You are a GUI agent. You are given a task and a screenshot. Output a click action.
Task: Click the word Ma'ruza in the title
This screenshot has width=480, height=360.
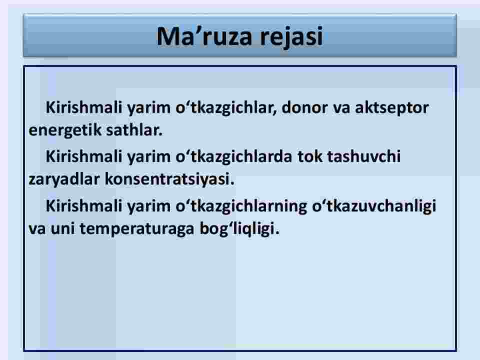pos(204,36)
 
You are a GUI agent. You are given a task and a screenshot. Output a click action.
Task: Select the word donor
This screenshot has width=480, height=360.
pos(304,107)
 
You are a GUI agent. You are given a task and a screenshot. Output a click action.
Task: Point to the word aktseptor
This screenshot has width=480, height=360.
pos(392,108)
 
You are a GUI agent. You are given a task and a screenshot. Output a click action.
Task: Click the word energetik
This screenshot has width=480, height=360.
pos(60,130)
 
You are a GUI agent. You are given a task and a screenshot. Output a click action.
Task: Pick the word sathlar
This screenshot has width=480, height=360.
pos(130,130)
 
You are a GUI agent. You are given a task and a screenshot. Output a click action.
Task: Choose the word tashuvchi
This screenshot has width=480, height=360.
pos(364,156)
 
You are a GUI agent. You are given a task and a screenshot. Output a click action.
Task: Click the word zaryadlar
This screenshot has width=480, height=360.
pos(64,179)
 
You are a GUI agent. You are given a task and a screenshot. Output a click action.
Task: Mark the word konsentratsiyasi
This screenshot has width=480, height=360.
pos(169,179)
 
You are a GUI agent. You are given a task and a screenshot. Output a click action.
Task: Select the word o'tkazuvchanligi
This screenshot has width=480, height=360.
pos(374,206)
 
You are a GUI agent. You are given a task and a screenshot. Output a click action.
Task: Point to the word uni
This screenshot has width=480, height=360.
pos(63,228)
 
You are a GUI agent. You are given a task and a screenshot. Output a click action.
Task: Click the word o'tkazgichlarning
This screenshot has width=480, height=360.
pos(241,206)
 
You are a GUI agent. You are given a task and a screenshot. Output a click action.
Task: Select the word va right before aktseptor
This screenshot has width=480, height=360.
pos(341,108)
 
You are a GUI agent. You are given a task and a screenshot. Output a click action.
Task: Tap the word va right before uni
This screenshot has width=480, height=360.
pos(37,229)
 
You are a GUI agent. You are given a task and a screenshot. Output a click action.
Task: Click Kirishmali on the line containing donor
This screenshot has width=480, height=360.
pos(84,107)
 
